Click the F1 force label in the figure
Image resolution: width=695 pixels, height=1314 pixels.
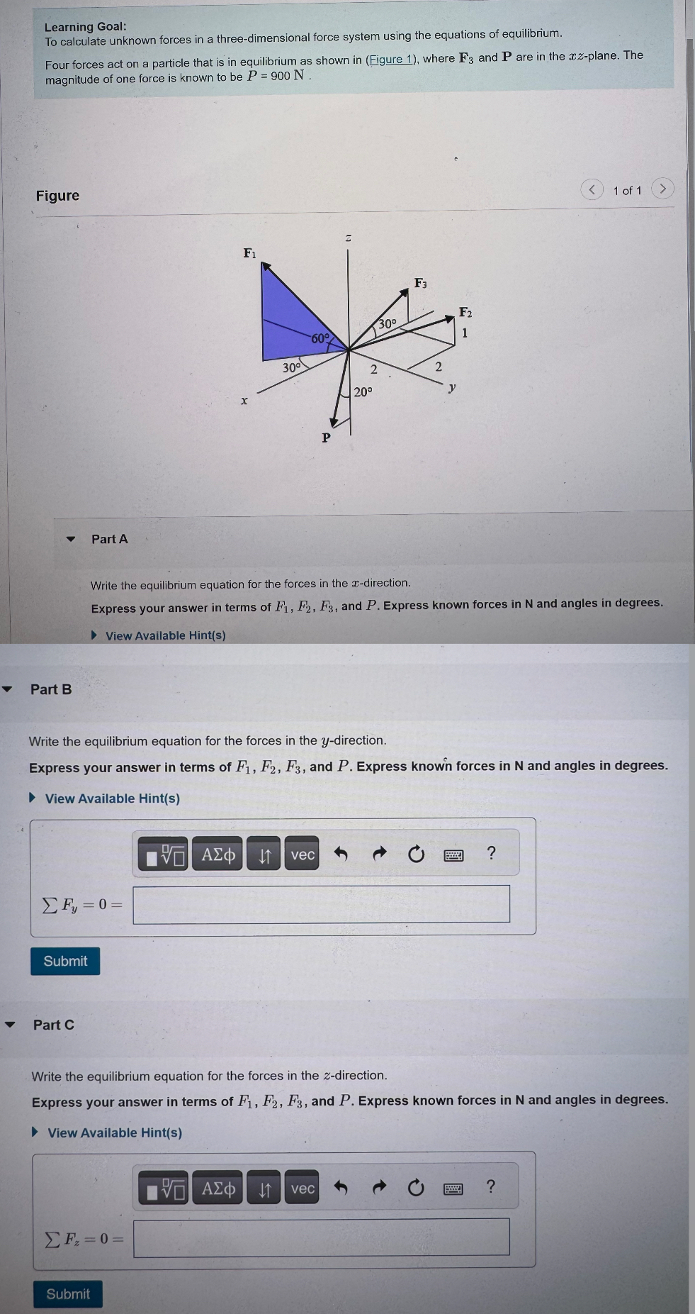[249, 253]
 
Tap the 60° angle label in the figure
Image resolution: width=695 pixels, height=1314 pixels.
[320, 338]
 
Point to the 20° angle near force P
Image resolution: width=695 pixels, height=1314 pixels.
[363, 391]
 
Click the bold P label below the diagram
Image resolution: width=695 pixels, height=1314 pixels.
[326, 438]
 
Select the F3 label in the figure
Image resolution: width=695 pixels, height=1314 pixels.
[420, 283]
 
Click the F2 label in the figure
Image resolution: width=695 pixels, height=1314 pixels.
[465, 312]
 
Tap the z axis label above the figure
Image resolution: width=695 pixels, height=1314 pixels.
[348, 238]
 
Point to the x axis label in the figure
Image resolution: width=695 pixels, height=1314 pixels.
[244, 401]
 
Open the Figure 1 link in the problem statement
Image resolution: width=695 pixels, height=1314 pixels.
[390, 60]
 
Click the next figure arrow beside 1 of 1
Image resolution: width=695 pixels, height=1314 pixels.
[662, 189]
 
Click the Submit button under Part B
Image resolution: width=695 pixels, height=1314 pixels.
[65, 961]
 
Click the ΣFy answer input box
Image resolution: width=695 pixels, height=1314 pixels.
[321, 904]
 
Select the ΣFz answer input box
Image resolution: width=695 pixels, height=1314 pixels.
[321, 1237]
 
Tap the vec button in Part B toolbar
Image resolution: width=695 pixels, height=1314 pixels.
[303, 854]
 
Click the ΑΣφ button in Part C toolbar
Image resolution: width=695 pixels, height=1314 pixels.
[218, 1188]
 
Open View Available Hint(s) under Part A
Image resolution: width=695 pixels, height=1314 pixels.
[165, 635]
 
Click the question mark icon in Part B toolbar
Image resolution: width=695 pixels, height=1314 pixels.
[491, 853]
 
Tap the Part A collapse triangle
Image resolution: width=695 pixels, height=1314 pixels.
[70, 539]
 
